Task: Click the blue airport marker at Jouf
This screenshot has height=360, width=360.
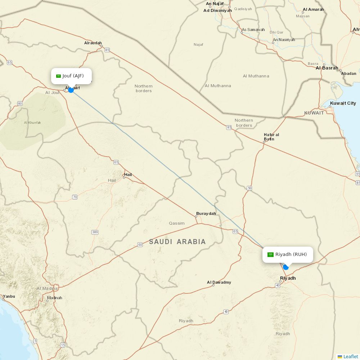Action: click(x=71, y=90)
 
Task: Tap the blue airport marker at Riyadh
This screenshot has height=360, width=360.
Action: click(x=286, y=267)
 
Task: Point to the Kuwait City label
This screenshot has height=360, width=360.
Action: click(x=343, y=103)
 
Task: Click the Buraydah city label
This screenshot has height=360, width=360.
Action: click(x=206, y=213)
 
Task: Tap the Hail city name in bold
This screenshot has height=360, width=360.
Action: click(x=128, y=175)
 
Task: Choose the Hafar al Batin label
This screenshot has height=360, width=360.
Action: click(x=271, y=137)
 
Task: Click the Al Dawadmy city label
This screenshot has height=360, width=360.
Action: click(x=219, y=282)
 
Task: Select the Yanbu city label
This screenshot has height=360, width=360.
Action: click(x=9, y=296)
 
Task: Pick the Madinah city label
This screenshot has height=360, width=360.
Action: click(x=55, y=298)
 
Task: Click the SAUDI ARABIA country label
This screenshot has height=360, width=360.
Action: click(x=177, y=242)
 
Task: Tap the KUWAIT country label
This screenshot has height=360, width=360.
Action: click(x=314, y=113)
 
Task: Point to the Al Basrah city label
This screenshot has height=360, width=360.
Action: click(x=327, y=68)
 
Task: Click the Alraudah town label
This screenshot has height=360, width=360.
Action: click(x=93, y=43)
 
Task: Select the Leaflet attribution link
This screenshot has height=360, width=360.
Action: click(x=351, y=356)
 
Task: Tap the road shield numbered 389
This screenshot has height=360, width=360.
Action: click(x=95, y=232)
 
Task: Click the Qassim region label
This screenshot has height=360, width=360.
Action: click(x=177, y=223)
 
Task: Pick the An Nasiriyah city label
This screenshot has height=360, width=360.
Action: click(x=284, y=40)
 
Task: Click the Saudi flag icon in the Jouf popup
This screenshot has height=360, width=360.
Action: click(x=58, y=76)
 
